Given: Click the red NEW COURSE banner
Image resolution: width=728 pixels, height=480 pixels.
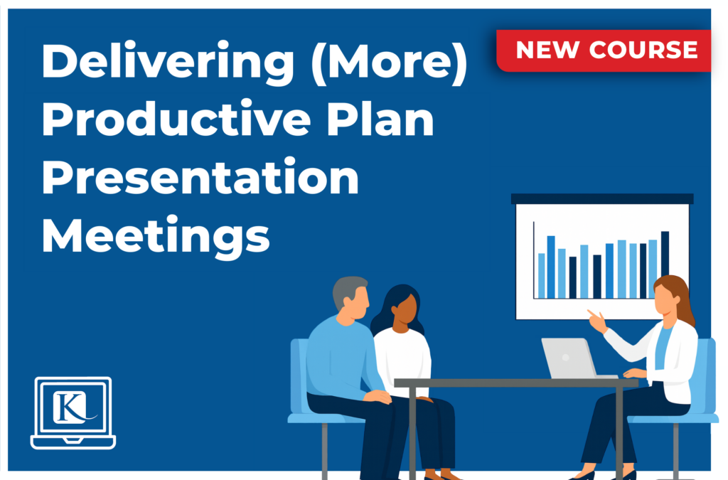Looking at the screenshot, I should coord(605,50).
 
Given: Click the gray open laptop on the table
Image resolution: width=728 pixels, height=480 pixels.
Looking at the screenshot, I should coord(569,358).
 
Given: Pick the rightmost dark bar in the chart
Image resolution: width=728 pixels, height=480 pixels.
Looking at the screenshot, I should coord(665,264).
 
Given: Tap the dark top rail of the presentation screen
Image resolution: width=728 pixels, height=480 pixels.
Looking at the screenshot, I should coord(601,198).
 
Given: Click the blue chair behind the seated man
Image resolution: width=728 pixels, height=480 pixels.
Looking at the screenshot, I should coord(300,377).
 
